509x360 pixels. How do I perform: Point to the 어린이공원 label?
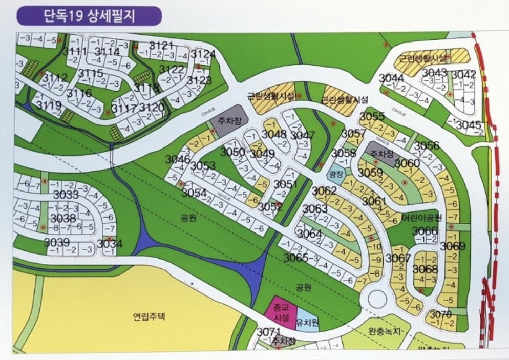tap(420, 217)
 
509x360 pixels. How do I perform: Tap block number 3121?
tap(162, 45)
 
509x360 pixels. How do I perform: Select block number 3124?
tap(203, 54)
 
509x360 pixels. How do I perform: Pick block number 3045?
tap(469, 125)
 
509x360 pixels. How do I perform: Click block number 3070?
tap(440, 314)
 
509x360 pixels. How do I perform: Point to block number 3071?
tap(269, 332)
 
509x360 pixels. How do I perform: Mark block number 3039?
tap(57, 242)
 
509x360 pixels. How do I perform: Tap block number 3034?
tap(110, 243)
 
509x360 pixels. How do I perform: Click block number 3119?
tap(49, 105)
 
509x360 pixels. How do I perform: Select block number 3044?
tap(391, 78)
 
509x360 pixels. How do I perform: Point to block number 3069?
tap(453, 246)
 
